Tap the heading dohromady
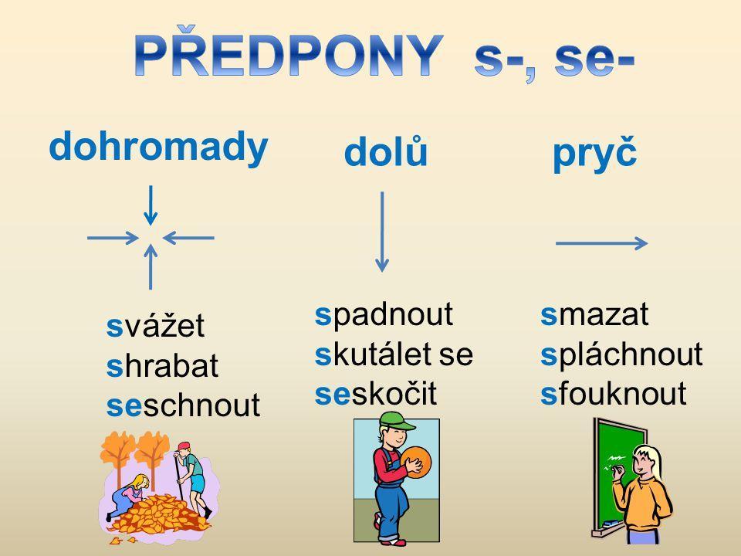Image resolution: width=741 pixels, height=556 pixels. coord(159,147)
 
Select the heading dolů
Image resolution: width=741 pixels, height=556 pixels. coord(386,151)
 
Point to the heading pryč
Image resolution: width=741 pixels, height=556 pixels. coord(595,153)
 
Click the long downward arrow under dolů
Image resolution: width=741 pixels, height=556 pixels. coord(382,232)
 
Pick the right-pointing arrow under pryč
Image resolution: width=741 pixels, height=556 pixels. coord(601,243)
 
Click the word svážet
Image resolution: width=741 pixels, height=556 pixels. coord(155,325)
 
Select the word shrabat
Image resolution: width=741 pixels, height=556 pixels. coord(162,365)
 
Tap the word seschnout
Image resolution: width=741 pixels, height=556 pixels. coord(183,405)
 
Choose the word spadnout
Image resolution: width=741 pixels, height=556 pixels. coord(384,315)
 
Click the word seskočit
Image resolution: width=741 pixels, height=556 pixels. coord(376,395)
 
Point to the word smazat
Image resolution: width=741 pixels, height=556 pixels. coord(594,314)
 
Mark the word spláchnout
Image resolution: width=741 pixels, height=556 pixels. coord(621,354)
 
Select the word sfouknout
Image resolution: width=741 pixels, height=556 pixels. coord(613,393)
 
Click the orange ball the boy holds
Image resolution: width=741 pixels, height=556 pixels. coord(416,463)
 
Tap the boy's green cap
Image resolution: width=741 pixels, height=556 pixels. coord(396,421)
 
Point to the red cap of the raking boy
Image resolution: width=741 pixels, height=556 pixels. coord(184,446)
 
